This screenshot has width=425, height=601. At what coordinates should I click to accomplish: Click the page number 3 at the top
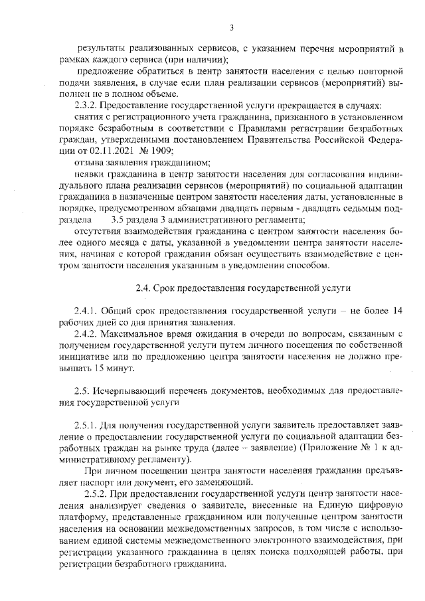(x=231, y=27)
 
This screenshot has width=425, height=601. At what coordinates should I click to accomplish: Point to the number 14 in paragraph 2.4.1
(x=398, y=311)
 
